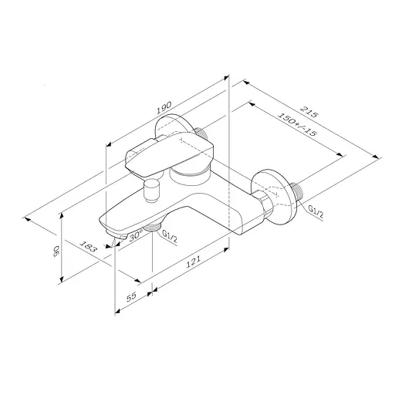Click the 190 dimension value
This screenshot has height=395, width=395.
tap(163, 109)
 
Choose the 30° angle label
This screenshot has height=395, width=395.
tap(136, 237)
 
